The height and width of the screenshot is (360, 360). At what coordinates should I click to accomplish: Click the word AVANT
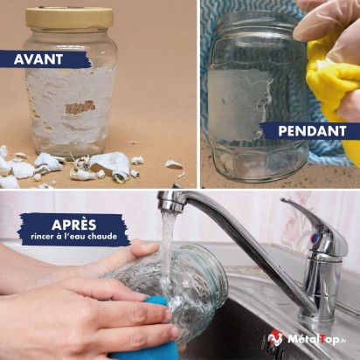pos(38,59)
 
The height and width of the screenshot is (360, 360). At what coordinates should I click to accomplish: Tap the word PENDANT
pos(312,131)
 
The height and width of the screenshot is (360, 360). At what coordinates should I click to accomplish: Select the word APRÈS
pos(74,225)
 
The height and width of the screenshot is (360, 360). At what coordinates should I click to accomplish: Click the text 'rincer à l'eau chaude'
pos(74,236)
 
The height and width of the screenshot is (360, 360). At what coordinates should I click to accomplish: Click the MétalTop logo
pos(308,340)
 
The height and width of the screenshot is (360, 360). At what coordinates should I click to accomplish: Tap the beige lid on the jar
pos(69,17)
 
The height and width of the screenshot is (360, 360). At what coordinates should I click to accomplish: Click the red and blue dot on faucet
pos(315,239)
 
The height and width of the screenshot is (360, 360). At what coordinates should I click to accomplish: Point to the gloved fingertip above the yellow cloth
pos(301,32)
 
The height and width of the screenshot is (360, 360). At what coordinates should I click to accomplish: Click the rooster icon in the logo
pos(276,340)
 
